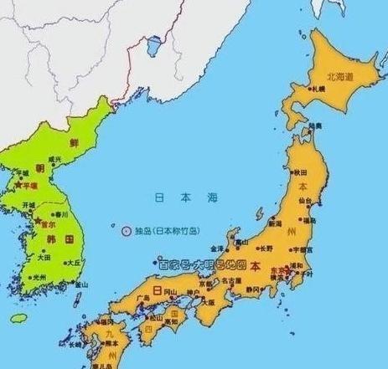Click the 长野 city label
265,249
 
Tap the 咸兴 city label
55,158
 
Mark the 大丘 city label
75,262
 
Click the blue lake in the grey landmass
153,44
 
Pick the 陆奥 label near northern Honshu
315,126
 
